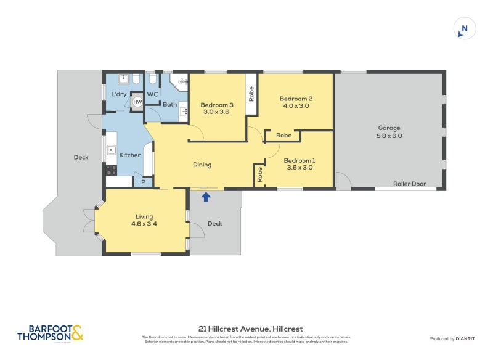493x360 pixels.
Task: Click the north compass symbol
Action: (464, 28)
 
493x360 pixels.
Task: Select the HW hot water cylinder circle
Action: (138, 102)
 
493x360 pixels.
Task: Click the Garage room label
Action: (389, 128)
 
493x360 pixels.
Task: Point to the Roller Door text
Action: (410, 184)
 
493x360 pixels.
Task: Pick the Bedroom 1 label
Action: (298, 162)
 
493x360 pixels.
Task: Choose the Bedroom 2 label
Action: (296, 99)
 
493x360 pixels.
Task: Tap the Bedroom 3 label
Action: (217, 104)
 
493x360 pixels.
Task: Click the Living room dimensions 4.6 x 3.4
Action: (144, 224)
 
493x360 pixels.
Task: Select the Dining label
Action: (202, 165)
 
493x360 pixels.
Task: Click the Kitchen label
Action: (130, 155)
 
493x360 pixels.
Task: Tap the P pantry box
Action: (143, 182)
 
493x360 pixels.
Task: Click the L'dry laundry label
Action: (118, 94)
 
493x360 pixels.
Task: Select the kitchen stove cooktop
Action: (112, 170)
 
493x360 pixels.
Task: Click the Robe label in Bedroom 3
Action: (251, 94)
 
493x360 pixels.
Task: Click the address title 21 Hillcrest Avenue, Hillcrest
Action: (250, 329)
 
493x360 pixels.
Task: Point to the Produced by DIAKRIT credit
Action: (455, 339)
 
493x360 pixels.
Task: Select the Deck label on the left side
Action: (81, 157)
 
